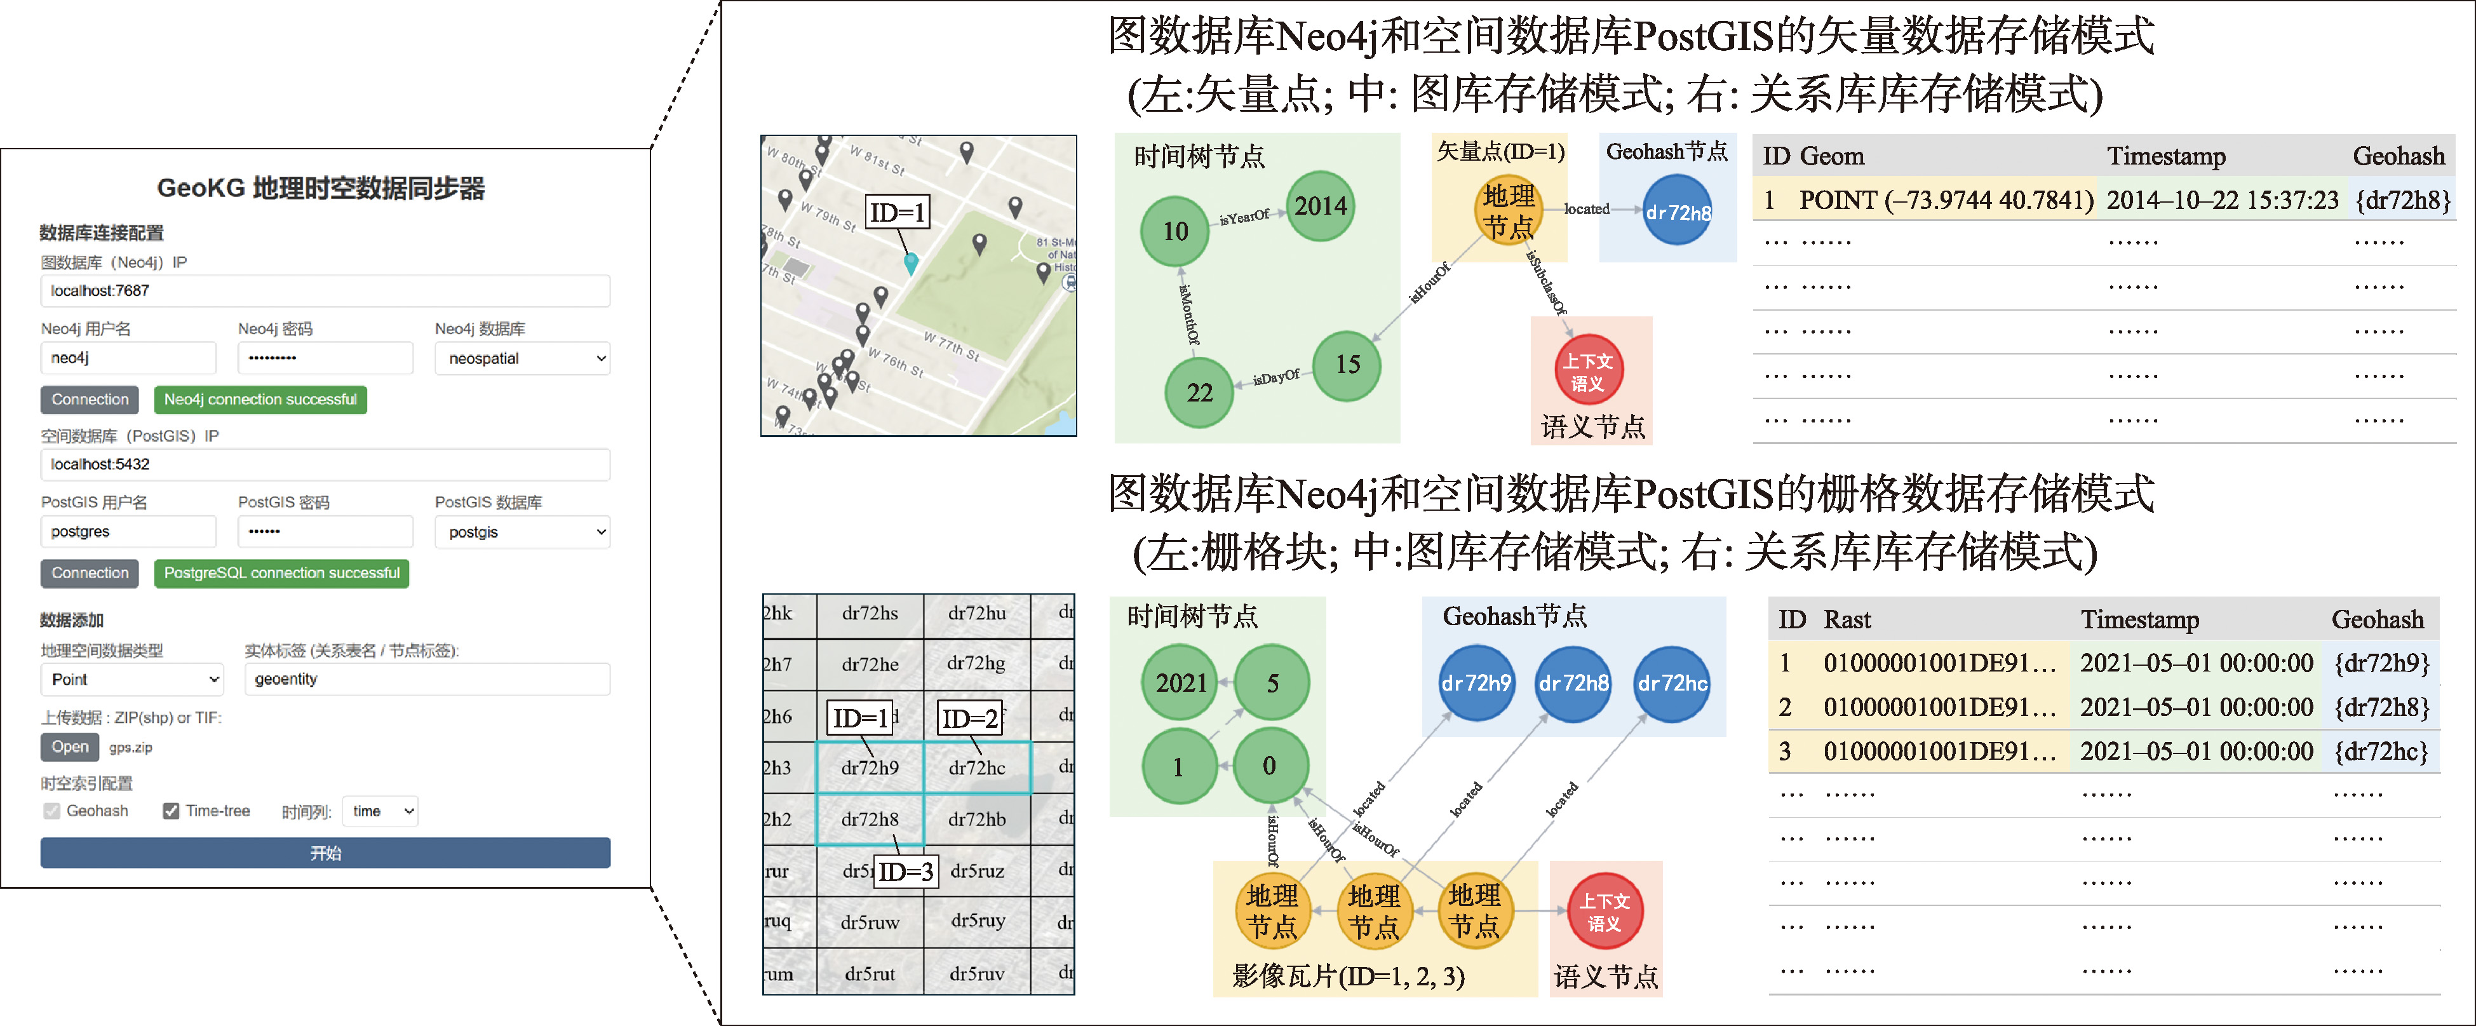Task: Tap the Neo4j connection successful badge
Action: (260, 399)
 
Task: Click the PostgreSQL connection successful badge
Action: (281, 573)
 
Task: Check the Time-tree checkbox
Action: (171, 811)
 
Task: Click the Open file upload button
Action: (69, 747)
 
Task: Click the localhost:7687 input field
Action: (325, 290)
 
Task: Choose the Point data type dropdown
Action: (131, 679)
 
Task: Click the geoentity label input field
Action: (427, 679)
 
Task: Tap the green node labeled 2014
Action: (1320, 206)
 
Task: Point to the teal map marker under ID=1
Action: (910, 262)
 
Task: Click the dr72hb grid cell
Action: (976, 820)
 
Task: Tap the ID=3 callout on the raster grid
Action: (905, 871)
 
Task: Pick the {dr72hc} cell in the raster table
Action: (2381, 751)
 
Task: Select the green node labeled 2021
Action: (1180, 683)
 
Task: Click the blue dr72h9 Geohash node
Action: (1476, 683)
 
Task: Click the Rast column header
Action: (1847, 619)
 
